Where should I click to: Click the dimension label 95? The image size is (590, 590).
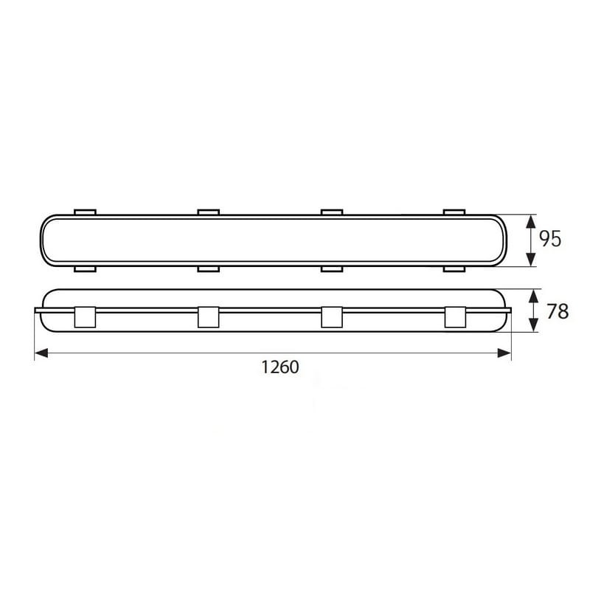point(550,238)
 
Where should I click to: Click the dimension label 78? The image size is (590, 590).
point(558,311)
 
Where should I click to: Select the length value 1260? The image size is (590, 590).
point(280,367)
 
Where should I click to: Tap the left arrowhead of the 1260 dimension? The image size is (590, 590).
point(41,353)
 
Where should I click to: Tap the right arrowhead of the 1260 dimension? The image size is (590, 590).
point(504,353)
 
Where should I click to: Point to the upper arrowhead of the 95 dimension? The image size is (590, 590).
point(530,222)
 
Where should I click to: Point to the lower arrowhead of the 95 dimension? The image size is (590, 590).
point(530,260)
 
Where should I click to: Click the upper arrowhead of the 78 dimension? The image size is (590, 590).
point(533,296)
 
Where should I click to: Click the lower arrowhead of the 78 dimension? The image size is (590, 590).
point(533,325)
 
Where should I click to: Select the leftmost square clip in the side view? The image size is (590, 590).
point(85,317)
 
